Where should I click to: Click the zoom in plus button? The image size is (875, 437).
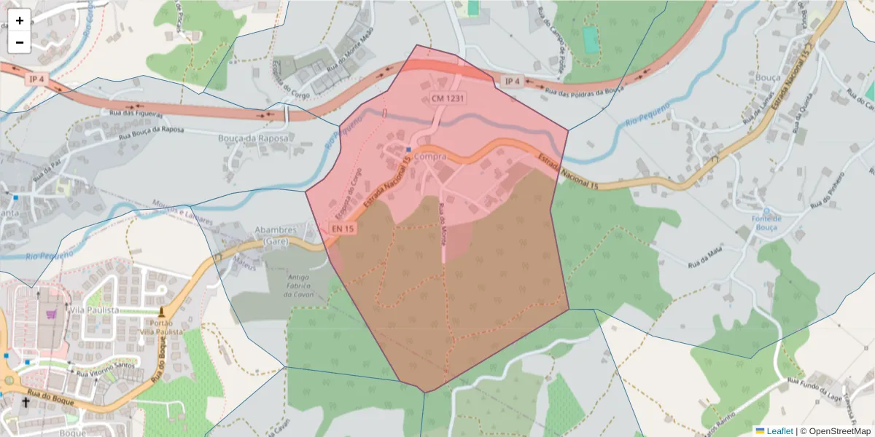(20, 20)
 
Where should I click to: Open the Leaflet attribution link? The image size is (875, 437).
(779, 431)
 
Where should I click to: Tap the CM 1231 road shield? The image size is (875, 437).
(448, 98)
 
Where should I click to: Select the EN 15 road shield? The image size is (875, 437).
(343, 229)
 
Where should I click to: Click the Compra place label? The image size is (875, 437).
(429, 156)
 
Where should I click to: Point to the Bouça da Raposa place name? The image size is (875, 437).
(254, 138)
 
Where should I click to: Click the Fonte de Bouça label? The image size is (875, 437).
(767, 223)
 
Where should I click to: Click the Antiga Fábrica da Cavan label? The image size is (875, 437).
(299, 286)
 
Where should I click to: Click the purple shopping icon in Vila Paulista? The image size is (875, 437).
(50, 314)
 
